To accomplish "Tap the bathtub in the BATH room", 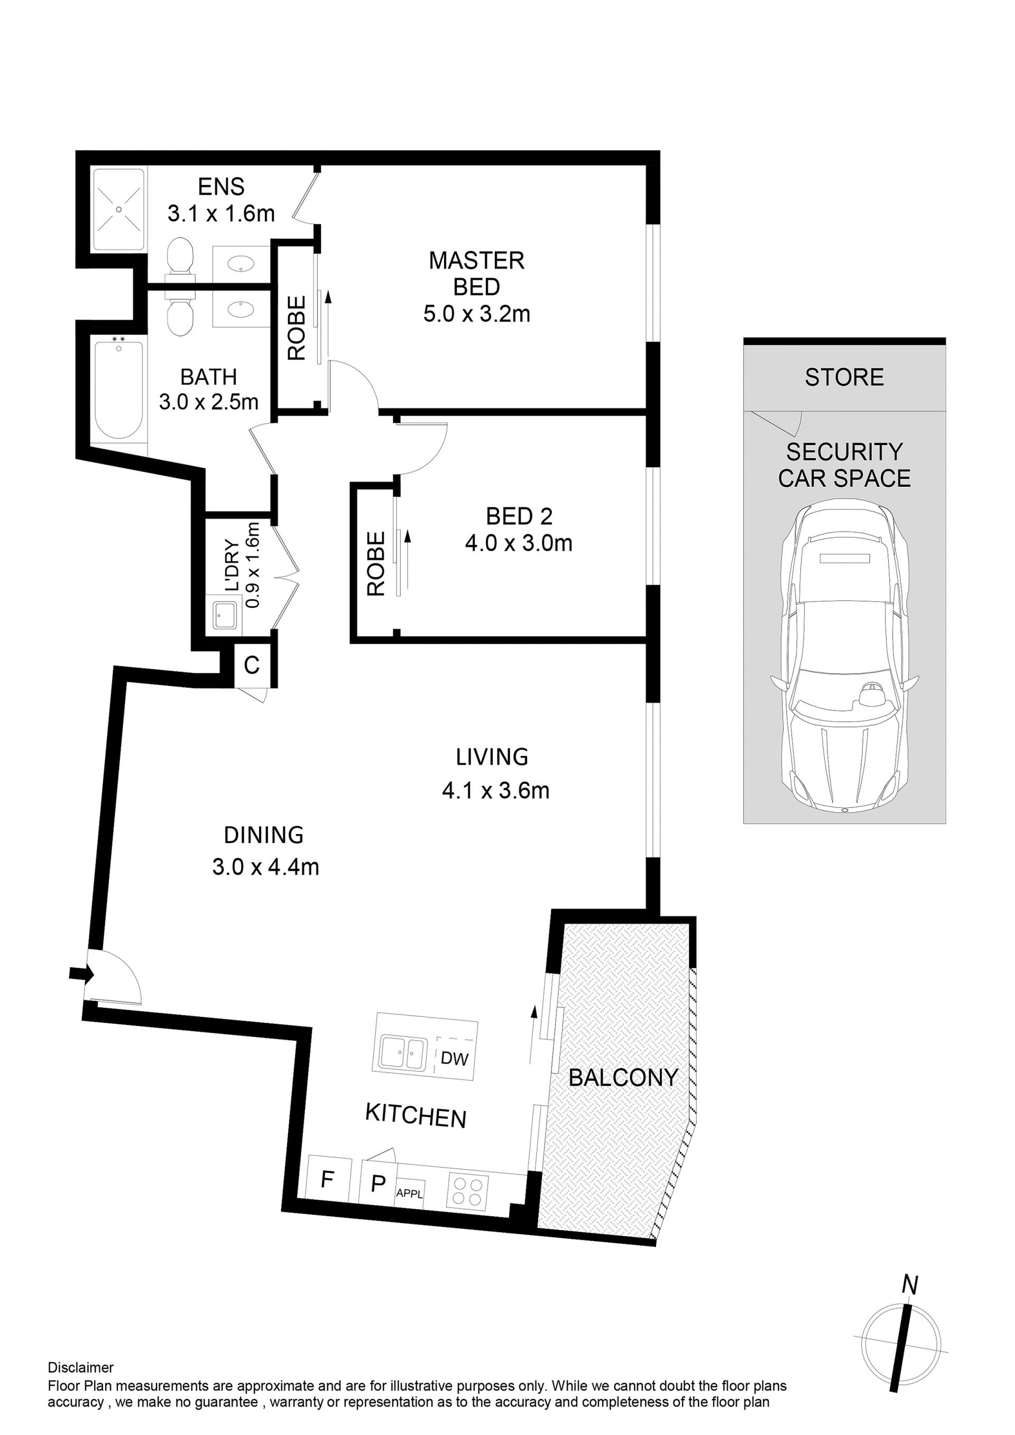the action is (x=119, y=389).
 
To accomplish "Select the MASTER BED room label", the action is (x=476, y=274).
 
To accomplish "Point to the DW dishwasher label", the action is (x=455, y=1058).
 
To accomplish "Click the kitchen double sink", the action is (x=405, y=1053).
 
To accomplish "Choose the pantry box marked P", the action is (x=377, y=1183).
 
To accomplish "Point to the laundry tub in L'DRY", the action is (x=225, y=616).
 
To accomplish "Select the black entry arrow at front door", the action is (x=82, y=973).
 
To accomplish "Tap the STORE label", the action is (x=844, y=377).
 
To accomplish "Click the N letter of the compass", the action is (x=910, y=1285).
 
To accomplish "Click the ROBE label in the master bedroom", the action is (x=297, y=328).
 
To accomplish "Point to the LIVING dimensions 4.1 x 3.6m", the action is (x=496, y=791).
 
